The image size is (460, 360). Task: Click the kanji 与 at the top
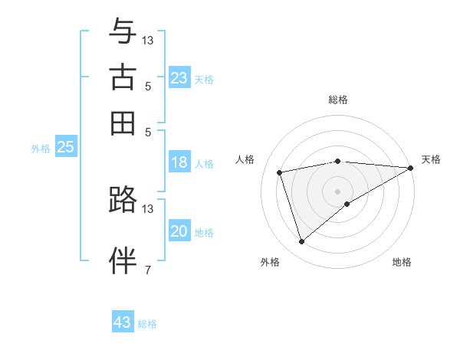tap(123, 31)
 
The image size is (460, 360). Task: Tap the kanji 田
tap(123, 123)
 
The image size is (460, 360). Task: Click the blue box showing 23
tap(179, 78)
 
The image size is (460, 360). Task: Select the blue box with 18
tap(179, 162)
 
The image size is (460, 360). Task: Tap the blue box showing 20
tap(179, 231)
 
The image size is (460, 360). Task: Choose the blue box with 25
tap(65, 147)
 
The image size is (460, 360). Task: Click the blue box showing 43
tap(123, 322)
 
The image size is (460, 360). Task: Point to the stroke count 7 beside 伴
tap(148, 269)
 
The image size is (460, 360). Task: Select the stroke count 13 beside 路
tap(148, 208)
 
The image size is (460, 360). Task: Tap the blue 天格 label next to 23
tap(204, 79)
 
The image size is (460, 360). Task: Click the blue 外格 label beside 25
tap(40, 149)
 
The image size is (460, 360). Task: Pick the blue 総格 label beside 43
tap(147, 324)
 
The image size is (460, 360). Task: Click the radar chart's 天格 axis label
tap(431, 159)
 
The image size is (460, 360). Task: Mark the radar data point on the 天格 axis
tap(410, 168)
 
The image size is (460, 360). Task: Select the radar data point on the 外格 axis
tap(301, 242)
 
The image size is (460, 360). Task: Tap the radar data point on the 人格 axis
tap(280, 172)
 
